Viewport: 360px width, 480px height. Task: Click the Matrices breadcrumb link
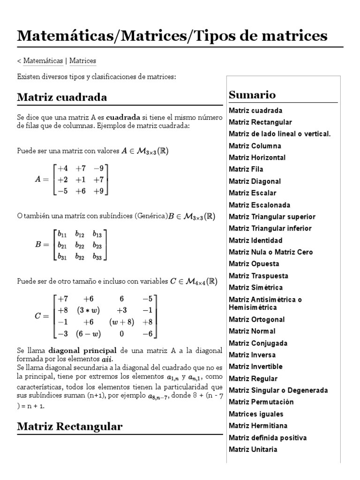click(82, 61)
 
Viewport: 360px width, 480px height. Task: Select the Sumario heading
click(252, 95)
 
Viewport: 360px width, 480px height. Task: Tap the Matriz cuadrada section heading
click(62, 97)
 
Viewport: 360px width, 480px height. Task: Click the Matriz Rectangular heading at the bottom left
click(70, 426)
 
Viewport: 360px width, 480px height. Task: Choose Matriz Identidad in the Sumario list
click(255, 240)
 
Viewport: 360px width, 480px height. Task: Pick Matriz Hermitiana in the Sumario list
click(258, 426)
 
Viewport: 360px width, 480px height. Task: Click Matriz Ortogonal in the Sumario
click(256, 319)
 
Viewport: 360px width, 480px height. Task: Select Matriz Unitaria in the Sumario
click(253, 449)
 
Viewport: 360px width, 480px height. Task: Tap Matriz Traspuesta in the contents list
click(258, 276)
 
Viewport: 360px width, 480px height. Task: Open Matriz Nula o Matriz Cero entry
click(271, 252)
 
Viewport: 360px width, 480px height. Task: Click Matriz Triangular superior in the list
click(272, 217)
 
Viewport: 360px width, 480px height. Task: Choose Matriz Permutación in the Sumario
click(261, 402)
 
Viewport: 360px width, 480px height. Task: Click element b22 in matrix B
click(80, 245)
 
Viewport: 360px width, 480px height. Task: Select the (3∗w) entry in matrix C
click(88, 310)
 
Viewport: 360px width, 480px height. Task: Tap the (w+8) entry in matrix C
click(122, 322)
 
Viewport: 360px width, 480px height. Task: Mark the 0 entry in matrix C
click(122, 333)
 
